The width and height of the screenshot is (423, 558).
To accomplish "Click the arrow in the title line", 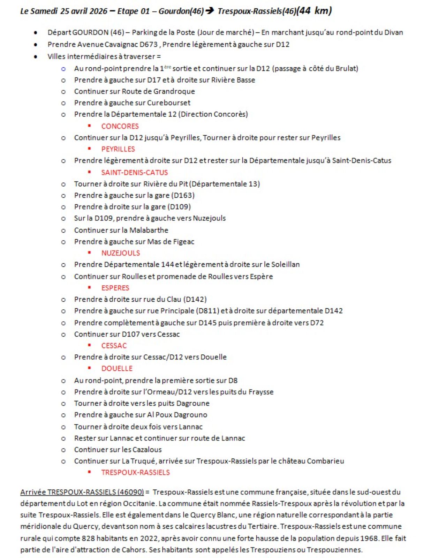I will click(210, 11).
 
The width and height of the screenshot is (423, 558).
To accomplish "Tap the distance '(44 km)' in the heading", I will click(314, 10).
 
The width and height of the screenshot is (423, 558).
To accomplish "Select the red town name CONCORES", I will click(120, 126).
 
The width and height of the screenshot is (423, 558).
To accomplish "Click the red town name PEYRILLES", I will click(118, 149).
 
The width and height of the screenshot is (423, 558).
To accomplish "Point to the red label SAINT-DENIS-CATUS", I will click(134, 173).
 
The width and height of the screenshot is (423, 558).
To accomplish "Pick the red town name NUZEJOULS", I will click(120, 253).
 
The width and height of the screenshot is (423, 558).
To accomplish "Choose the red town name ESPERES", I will click(115, 288).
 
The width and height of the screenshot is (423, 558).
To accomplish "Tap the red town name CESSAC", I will click(114, 346).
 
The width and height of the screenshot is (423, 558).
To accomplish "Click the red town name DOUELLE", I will click(117, 369).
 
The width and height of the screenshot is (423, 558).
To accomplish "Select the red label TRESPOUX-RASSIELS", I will click(135, 473).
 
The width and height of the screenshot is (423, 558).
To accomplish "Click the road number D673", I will click(149, 45).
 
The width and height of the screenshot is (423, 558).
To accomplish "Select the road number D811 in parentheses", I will click(207, 311).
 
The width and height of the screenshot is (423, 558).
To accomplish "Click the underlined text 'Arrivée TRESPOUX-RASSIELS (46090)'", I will click(82, 492).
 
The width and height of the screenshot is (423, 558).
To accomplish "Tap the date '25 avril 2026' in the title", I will click(84, 11).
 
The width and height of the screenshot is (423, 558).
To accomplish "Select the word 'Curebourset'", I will click(169, 103).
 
